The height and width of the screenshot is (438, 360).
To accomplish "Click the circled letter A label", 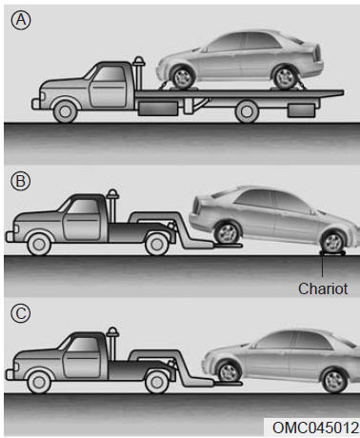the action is click(x=21, y=20).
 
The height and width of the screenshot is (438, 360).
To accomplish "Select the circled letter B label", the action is click(x=20, y=181).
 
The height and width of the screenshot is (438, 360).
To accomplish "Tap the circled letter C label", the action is click(x=20, y=313).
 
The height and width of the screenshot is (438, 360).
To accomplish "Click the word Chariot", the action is click(x=323, y=289).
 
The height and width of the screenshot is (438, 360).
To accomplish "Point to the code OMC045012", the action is click(x=315, y=428).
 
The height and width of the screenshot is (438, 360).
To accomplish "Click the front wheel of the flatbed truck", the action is click(x=66, y=111).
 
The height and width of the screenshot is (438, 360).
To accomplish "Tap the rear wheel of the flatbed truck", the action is click(x=247, y=111).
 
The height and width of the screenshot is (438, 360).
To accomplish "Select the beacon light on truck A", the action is click(x=139, y=60).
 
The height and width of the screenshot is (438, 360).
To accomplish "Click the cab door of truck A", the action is click(x=109, y=87).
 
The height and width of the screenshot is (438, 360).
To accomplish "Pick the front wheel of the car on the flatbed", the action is click(x=183, y=77).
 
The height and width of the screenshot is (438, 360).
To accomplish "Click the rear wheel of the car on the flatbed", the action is click(x=285, y=77).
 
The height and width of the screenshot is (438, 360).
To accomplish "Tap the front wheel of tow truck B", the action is click(x=39, y=244).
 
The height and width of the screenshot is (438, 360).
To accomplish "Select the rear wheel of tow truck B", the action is click(x=156, y=244).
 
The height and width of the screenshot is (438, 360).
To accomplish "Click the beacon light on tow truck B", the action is click(x=112, y=193).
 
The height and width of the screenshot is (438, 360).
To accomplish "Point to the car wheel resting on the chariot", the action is click(x=332, y=242).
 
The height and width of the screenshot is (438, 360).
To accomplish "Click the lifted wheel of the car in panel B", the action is click(x=227, y=233).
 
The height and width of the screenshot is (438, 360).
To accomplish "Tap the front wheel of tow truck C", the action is click(x=39, y=382).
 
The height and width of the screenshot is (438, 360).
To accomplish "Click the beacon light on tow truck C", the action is click(x=112, y=331).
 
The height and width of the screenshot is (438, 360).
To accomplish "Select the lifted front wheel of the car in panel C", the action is click(x=229, y=371).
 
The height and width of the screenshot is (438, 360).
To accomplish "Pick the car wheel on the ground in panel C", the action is click(x=334, y=381).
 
